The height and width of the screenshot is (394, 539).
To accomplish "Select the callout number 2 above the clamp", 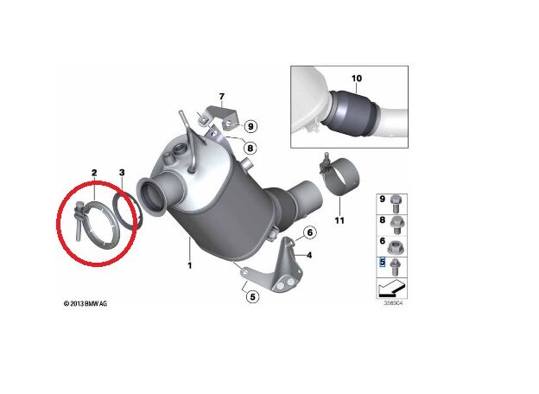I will point(93,175).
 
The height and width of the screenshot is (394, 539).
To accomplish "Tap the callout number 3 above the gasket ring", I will point(122,175).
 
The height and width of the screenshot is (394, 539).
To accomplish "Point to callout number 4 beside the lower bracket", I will point(308,255).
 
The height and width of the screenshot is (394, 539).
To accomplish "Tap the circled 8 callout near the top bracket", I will point(250,149).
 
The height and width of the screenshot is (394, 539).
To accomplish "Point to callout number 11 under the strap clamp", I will point(339,220).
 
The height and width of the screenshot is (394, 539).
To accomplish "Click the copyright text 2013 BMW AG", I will point(87,304).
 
